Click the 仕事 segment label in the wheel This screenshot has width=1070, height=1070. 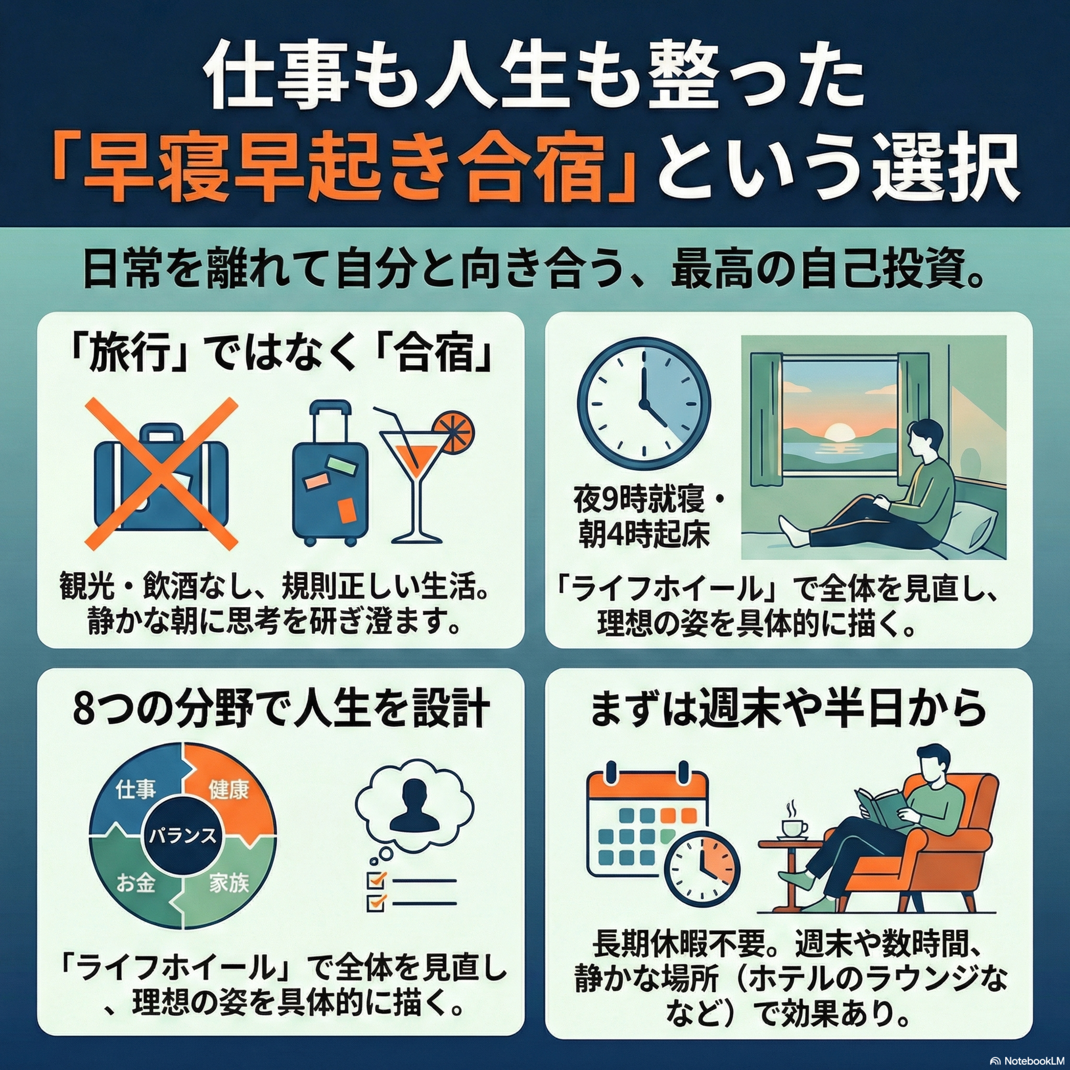(x=136, y=789)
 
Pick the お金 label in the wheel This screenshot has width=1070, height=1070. (x=136, y=883)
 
